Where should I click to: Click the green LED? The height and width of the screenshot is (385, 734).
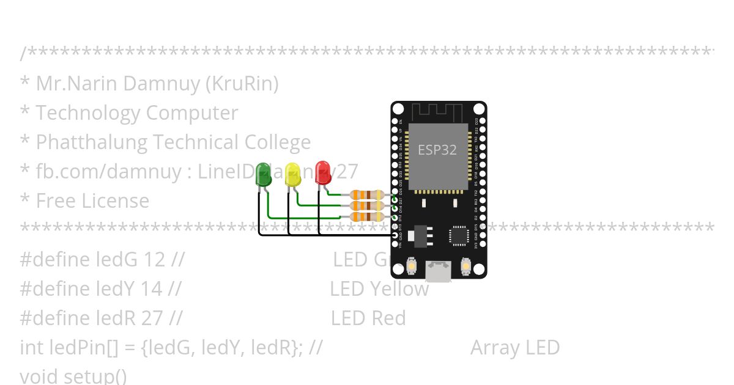[x=264, y=174]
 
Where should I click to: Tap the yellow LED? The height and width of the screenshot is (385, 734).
[x=293, y=174]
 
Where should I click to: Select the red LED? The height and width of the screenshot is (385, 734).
[x=323, y=172]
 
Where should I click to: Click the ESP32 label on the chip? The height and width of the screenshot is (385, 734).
[x=437, y=150]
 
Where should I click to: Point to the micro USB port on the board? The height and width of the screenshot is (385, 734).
[x=439, y=271]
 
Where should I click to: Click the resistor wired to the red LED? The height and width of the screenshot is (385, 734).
[x=367, y=195]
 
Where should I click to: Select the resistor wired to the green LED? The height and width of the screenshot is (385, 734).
[x=367, y=216]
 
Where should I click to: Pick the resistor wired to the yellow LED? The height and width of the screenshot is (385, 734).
[x=367, y=206]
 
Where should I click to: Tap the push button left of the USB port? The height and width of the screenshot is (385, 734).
[x=412, y=266]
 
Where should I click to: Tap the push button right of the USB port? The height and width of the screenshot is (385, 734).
[x=465, y=266]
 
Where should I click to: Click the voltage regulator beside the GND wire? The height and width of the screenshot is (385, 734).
[x=421, y=235]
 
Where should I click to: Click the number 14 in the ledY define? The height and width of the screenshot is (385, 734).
[x=151, y=289]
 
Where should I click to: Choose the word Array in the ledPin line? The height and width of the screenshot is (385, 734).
[x=491, y=348]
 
